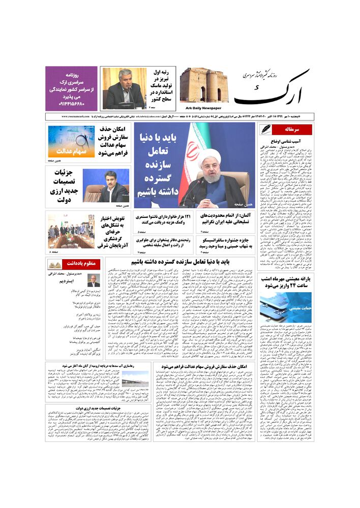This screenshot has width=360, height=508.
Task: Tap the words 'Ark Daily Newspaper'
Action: tap(201, 108)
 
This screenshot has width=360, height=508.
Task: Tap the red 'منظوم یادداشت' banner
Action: tap(63, 264)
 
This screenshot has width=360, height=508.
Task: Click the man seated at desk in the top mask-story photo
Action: tap(124, 89)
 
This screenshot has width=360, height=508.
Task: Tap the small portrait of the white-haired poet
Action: tap(94, 280)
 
